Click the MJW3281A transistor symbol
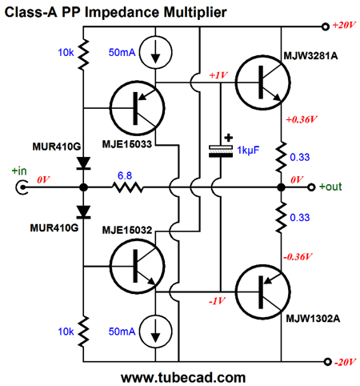tap(263, 82)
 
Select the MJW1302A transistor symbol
tap(263, 292)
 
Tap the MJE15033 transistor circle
tap(138, 108)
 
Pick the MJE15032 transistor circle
tap(138, 266)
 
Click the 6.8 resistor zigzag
tap(128, 187)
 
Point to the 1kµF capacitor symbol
tap(221, 151)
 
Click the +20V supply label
tap(344, 26)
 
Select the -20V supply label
tap(345, 362)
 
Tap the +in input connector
tap(22, 187)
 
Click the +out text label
tap(330, 187)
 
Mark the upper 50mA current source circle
tap(156, 52)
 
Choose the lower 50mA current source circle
tap(156, 332)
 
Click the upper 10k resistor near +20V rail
tap(83, 54)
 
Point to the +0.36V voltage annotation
tap(302, 119)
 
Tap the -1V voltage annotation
tap(217, 301)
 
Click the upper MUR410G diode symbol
tap(83, 163)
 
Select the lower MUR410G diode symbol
tap(83, 212)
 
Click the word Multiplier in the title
tap(195, 12)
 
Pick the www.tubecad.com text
tap(183, 378)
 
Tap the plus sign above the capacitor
tap(228, 138)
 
